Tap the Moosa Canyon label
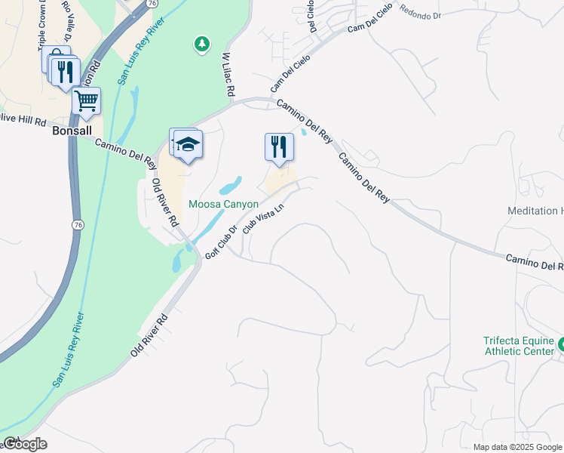pos(223,205)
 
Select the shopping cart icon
pos(87,100)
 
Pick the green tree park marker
pos(201,45)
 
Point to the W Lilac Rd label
pos(227,74)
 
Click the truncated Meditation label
pos(535,211)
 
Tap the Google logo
pos(24,444)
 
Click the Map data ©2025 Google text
pos(517,447)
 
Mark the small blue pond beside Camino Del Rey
pos(303,132)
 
